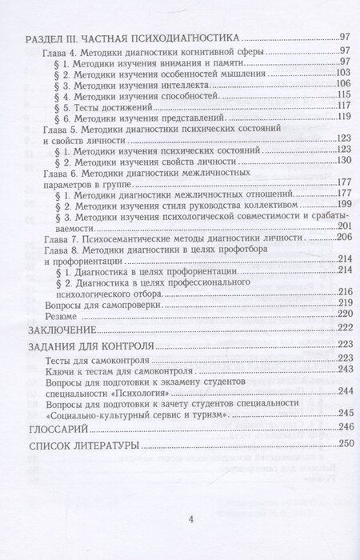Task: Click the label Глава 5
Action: tap(55, 130)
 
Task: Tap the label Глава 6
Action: tap(55, 173)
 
